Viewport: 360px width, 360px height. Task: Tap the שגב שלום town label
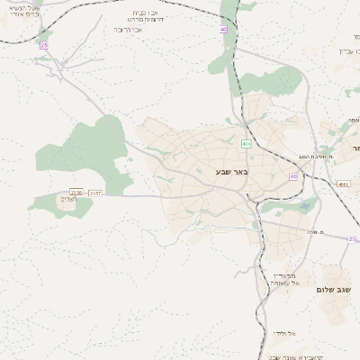[332, 290]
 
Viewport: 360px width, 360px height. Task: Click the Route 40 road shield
[222, 30]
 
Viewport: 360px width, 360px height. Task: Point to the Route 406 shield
[246, 143]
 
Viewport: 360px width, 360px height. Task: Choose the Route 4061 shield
[344, 184]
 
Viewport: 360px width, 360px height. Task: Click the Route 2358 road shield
[76, 192]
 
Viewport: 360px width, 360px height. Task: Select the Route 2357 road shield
[95, 192]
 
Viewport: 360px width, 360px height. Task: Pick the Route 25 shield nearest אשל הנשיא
[43, 44]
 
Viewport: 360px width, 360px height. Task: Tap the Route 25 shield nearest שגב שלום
[353, 238]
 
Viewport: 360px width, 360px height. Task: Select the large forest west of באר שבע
[85, 148]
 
